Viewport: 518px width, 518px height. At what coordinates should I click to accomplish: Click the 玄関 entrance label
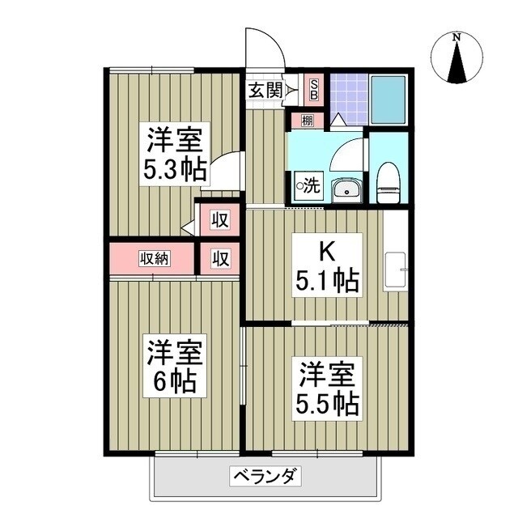pyautogui.click(x=265, y=91)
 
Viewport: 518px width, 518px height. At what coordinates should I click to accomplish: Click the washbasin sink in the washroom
pyautogui.click(x=347, y=190)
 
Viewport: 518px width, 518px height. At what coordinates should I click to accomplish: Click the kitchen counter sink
pyautogui.click(x=396, y=270)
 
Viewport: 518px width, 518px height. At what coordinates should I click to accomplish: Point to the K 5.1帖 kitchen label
pyautogui.click(x=326, y=266)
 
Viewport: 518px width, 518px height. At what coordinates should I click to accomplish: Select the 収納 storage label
pyautogui.click(x=154, y=259)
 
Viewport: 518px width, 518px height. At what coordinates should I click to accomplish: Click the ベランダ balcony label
pyautogui.click(x=265, y=475)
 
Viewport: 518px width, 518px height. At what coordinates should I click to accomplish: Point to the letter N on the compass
pyautogui.click(x=456, y=37)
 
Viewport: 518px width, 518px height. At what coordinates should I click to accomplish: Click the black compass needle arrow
pyautogui.click(x=457, y=63)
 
